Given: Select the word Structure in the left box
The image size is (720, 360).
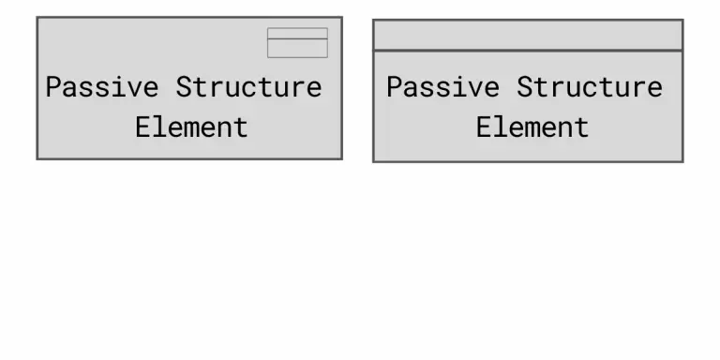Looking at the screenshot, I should pos(248,87).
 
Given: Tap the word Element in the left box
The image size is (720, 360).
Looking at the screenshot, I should pos(191,127).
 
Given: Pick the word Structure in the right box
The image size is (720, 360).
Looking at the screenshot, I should pos(589,87).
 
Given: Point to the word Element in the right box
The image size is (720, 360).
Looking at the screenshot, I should pos(532,127).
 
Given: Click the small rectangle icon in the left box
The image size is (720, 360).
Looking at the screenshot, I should pos(297,43).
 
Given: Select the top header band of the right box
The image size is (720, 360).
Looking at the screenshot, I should pos(528,35).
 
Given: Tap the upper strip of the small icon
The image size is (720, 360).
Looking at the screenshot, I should pos(297,33).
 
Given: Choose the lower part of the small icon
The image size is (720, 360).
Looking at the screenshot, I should pos(297,48).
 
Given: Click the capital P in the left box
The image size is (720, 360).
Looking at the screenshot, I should pos(53,87).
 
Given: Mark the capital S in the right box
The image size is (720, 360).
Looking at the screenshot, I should pos(525,87).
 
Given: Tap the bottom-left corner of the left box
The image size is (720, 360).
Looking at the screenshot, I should pos(37,158).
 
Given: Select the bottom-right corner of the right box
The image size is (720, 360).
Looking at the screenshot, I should pos(682,161).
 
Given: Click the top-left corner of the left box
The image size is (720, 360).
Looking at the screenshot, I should pos(37,18).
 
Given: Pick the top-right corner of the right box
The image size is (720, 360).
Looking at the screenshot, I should pos(682,21).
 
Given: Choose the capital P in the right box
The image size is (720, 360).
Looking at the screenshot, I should pos(394,87).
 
